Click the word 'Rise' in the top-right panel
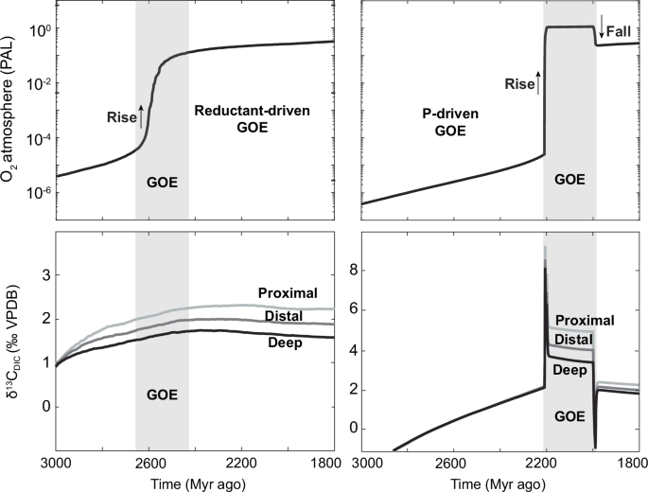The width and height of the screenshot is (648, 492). (519, 83)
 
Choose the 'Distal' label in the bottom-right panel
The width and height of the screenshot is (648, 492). (574, 338)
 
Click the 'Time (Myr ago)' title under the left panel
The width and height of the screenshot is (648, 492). (194, 482)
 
